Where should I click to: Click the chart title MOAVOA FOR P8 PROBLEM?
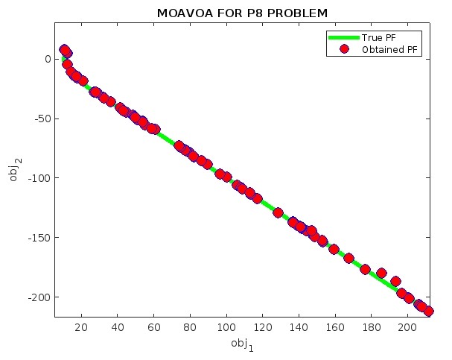(243, 13)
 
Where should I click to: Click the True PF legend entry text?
(381, 37)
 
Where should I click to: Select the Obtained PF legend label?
(389, 49)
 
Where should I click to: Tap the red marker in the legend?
(343, 49)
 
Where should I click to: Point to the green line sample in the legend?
(343, 37)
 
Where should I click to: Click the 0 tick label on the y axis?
(46, 59)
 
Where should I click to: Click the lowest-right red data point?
(428, 311)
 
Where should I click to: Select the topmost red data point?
(64, 49)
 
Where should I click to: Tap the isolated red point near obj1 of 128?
(278, 212)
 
